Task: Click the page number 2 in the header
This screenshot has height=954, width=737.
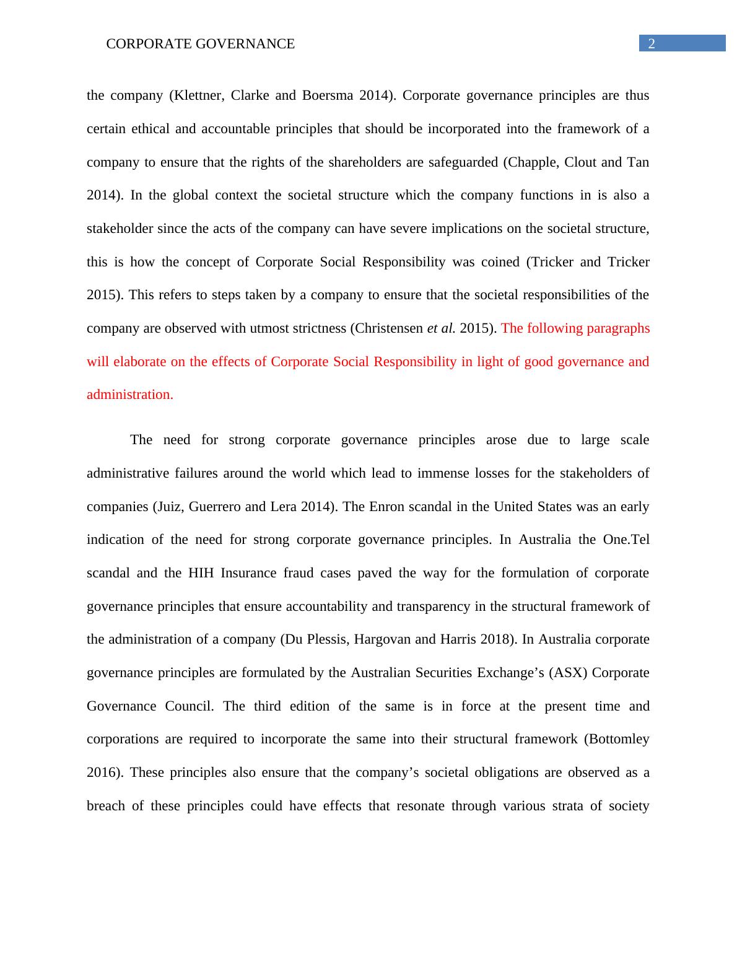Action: pyautogui.click(x=651, y=43)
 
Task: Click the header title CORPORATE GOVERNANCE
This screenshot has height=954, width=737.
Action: pyautogui.click(x=201, y=44)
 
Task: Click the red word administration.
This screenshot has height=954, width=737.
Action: pyautogui.click(x=130, y=395)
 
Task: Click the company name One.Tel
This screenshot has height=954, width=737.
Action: pyautogui.click(x=626, y=540)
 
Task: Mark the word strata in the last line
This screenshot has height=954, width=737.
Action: pyautogui.click(x=569, y=806)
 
